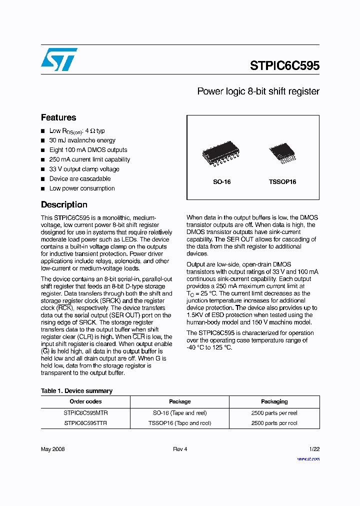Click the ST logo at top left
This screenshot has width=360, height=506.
tap(59, 59)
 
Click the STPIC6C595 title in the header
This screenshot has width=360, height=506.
tap(284, 66)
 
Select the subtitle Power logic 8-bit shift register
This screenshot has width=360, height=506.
tap(258, 91)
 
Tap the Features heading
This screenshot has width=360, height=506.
tap(58, 117)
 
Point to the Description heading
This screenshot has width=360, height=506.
tap(64, 204)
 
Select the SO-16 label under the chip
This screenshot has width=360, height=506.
tap(222, 182)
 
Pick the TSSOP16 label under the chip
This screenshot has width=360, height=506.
tap(282, 182)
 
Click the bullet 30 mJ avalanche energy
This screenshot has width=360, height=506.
tap(82, 140)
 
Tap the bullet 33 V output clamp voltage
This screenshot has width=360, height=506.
tap(84, 169)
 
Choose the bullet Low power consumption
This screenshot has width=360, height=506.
tap(82, 188)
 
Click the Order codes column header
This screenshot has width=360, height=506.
tap(85, 401)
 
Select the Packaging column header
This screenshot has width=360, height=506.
tap(274, 401)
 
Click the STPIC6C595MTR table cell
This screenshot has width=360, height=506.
tap(85, 413)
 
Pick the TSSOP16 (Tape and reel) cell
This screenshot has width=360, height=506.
tap(179, 423)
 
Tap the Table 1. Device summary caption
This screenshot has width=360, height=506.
tap(76, 391)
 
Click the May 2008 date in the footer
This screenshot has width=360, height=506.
tap(52, 449)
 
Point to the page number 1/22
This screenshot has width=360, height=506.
tap(313, 449)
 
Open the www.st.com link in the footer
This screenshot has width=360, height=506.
tap(308, 458)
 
